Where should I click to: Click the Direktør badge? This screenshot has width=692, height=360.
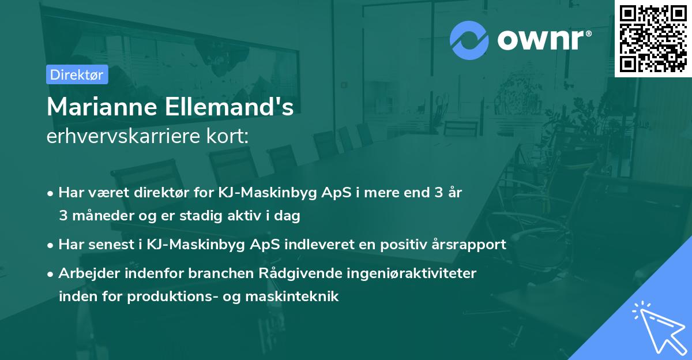(x=77, y=74)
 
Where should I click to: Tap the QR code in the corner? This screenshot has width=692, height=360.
(x=653, y=39)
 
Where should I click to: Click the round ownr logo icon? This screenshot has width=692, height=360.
(x=469, y=40)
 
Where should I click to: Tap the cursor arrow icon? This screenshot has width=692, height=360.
(x=657, y=326)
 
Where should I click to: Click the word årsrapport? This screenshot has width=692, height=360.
(x=468, y=244)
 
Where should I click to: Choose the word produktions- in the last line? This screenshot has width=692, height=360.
(x=176, y=297)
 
